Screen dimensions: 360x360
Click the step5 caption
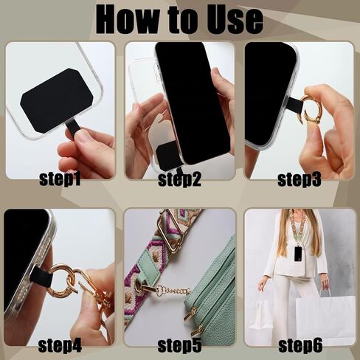point(179,345)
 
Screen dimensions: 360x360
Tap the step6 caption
point(298,345)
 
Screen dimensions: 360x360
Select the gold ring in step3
point(311,110)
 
